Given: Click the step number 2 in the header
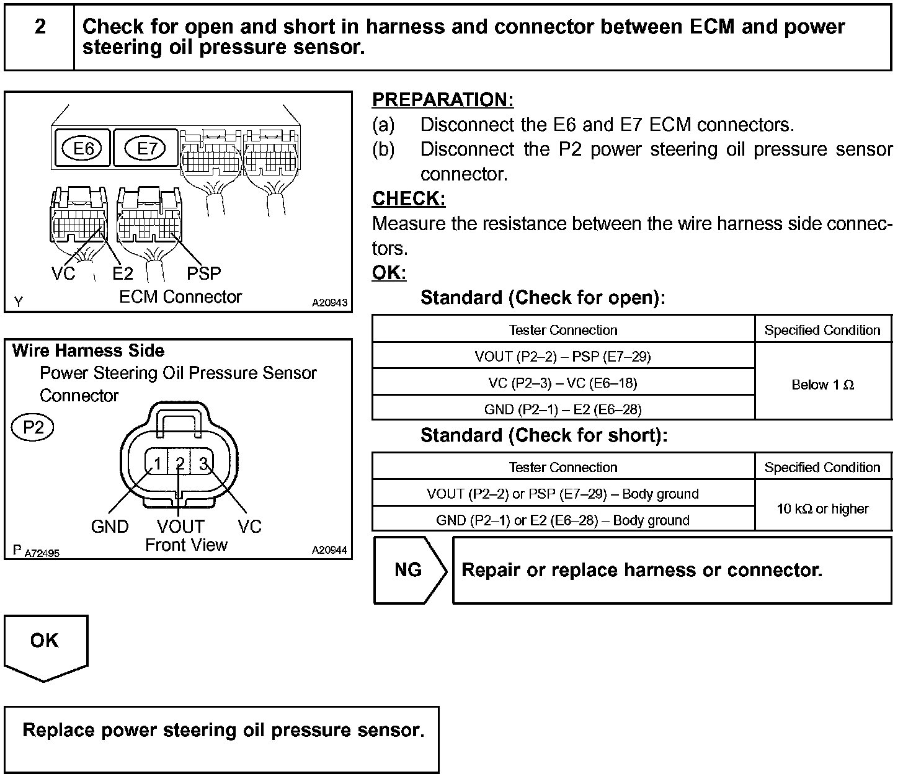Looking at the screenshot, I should (x=40, y=27).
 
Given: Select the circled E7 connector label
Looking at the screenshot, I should (x=146, y=149).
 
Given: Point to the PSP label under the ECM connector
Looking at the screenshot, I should (x=203, y=274).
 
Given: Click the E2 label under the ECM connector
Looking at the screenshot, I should (x=123, y=274).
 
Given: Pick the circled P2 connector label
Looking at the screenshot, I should (x=33, y=428).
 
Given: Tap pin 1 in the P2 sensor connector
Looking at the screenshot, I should (x=158, y=463).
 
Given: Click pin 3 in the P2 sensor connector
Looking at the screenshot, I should (x=202, y=463).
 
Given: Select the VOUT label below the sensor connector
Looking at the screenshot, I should (x=180, y=527).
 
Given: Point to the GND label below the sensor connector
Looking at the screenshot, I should (x=110, y=527).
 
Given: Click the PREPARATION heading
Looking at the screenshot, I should (x=442, y=100).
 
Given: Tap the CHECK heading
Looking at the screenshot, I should (x=408, y=198).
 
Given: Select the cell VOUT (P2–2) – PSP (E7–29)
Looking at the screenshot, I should (x=563, y=356).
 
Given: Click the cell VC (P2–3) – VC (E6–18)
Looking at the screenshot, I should (x=563, y=383).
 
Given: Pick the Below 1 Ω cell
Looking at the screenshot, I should (x=822, y=385).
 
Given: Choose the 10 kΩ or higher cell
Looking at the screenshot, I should (x=822, y=509).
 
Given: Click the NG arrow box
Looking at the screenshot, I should (x=409, y=570).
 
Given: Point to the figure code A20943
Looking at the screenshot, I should (x=329, y=303).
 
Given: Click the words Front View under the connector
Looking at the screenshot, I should (x=186, y=545).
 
